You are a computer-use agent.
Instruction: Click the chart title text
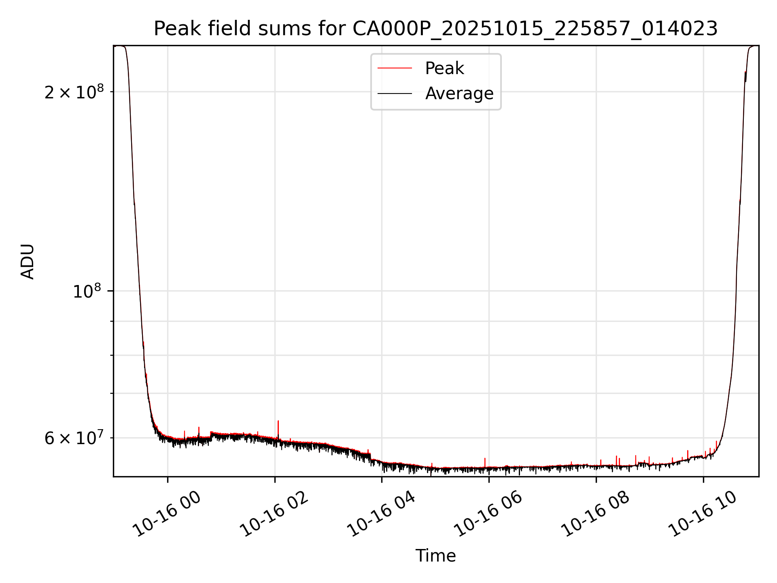[x=435, y=29]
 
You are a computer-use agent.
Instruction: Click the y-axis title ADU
[x=28, y=262]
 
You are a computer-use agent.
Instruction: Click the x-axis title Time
[x=435, y=556]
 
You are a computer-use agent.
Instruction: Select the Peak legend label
[x=444, y=68]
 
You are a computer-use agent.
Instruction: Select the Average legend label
[x=459, y=94]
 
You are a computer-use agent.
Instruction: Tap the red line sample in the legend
[x=395, y=68]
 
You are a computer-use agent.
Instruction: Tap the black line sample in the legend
[x=395, y=94]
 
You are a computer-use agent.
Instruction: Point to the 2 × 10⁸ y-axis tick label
[x=74, y=92]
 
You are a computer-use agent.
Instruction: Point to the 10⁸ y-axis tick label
[x=87, y=291]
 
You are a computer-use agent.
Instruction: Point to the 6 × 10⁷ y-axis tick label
[x=74, y=438]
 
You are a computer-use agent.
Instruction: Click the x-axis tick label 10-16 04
[x=381, y=514]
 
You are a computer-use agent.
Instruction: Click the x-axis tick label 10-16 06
[x=488, y=514]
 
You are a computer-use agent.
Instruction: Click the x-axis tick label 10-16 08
[x=595, y=514]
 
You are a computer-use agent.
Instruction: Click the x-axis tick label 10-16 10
[x=702, y=514]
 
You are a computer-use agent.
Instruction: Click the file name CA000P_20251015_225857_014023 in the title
[x=535, y=29]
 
